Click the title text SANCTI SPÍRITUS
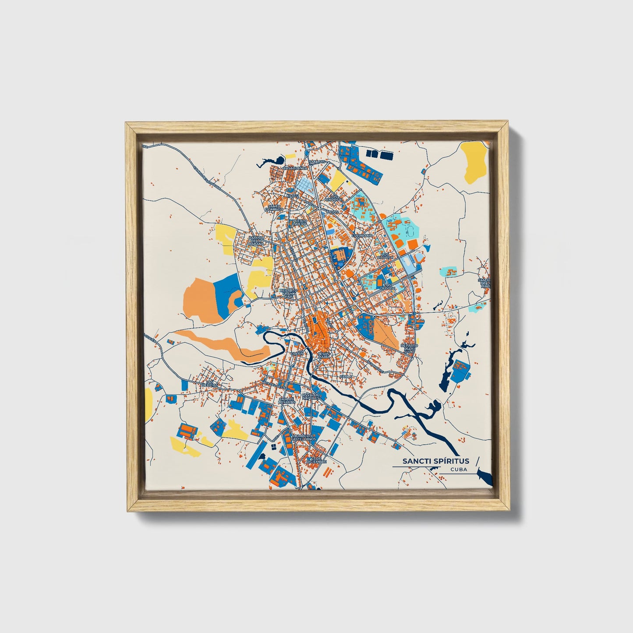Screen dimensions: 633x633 click(x=435, y=461)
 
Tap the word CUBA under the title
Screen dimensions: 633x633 click(x=458, y=470)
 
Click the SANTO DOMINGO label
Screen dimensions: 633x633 click(x=275, y=208)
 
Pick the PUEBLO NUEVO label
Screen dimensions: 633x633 click(x=299, y=222)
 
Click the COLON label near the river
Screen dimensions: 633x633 click(x=297, y=353)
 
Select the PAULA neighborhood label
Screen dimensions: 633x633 click(x=346, y=376)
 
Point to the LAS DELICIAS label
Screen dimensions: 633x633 click(x=212, y=384)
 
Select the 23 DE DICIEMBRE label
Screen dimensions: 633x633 click(x=317, y=460)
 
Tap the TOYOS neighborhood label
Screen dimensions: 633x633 click(x=332, y=212)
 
